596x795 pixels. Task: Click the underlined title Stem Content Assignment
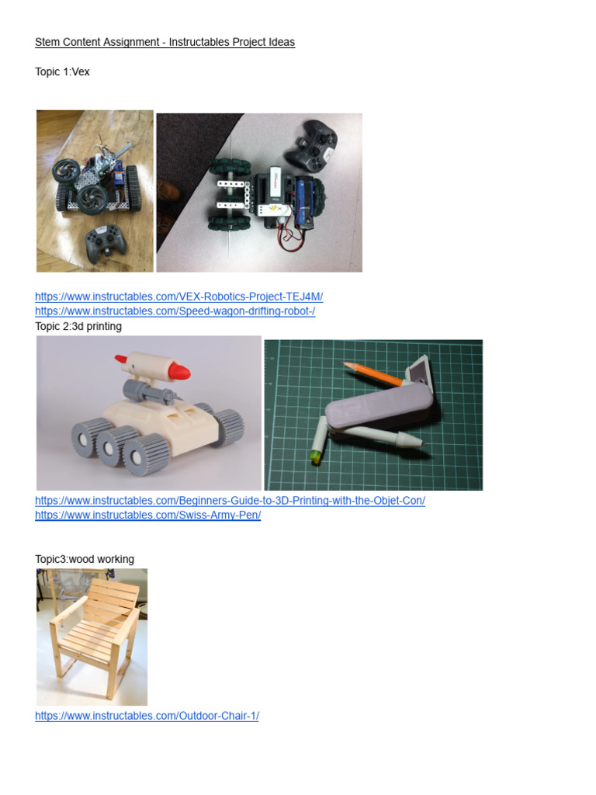[x=165, y=42]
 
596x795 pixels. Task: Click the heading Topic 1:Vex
[x=62, y=71]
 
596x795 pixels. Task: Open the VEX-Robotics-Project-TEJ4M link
[x=178, y=297]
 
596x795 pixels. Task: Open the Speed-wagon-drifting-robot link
[x=175, y=311]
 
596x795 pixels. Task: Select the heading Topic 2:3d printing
[x=78, y=326]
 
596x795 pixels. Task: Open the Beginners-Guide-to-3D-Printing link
[x=230, y=501]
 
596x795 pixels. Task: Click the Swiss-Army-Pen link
[x=147, y=516]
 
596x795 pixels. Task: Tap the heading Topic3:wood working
[x=85, y=559]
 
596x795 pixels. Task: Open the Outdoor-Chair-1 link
[x=147, y=716]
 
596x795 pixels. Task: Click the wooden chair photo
[x=92, y=637]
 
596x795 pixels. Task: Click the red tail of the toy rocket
[x=121, y=359]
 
